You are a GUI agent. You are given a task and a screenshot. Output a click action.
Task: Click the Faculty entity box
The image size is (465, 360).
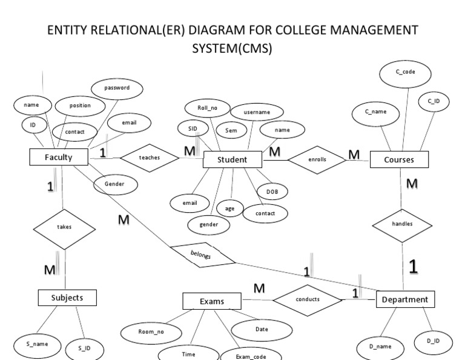point(59,157)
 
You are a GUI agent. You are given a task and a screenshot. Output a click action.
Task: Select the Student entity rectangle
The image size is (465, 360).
point(232,160)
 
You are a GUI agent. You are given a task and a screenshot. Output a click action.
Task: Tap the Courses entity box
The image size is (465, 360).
point(399,159)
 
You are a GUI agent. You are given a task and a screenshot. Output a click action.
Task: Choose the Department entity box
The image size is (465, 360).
point(404,299)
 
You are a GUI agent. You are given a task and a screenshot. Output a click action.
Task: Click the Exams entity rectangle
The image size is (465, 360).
point(212,301)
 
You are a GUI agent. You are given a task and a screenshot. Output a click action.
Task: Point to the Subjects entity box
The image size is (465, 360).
point(68,298)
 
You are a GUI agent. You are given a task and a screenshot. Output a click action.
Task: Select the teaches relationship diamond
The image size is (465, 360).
point(150,157)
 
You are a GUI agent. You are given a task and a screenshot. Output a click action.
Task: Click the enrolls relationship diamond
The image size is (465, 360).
point(316,159)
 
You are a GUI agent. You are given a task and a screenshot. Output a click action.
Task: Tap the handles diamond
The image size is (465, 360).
point(403,224)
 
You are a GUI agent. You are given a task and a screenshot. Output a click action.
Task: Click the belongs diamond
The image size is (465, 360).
point(202,255)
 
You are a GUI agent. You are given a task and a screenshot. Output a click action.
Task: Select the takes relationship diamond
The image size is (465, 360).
point(63,228)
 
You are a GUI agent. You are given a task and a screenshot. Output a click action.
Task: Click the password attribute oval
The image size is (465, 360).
point(117,88)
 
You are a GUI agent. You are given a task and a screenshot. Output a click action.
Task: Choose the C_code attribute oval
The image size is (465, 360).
point(405,73)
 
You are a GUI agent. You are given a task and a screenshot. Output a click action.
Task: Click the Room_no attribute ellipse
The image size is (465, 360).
point(151,332)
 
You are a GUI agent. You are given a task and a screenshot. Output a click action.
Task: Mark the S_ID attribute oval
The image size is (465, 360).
point(84,348)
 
